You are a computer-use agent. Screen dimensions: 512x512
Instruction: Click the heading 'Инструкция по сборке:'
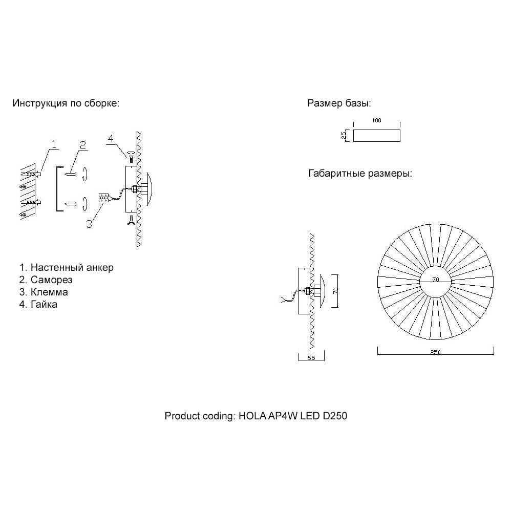[x=66, y=103]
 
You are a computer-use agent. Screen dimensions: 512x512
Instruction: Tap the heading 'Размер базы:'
[x=338, y=103]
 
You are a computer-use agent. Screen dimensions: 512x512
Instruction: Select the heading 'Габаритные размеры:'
[x=360, y=174]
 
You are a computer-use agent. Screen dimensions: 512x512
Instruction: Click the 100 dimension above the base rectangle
[x=377, y=120]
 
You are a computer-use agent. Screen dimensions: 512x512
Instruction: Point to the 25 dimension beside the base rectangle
[x=345, y=135]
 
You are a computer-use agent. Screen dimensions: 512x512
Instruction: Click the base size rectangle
[x=377, y=135]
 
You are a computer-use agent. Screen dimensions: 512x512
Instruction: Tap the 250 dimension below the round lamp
[x=435, y=352]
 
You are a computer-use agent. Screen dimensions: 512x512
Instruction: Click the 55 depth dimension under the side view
[x=311, y=358]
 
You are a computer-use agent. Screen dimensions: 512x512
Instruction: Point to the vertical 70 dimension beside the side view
[x=336, y=290]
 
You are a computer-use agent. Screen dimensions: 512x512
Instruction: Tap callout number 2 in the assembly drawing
[x=82, y=145]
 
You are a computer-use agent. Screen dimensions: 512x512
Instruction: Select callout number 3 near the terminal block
[x=89, y=224]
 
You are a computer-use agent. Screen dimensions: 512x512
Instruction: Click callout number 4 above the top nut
[x=111, y=139]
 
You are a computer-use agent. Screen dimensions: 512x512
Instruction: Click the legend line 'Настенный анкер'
[x=67, y=267]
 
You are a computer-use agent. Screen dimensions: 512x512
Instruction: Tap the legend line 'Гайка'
[x=38, y=305]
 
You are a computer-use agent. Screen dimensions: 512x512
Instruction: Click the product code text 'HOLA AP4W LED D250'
[x=293, y=416]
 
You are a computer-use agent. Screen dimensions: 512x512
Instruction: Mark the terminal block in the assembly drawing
[x=102, y=198]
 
